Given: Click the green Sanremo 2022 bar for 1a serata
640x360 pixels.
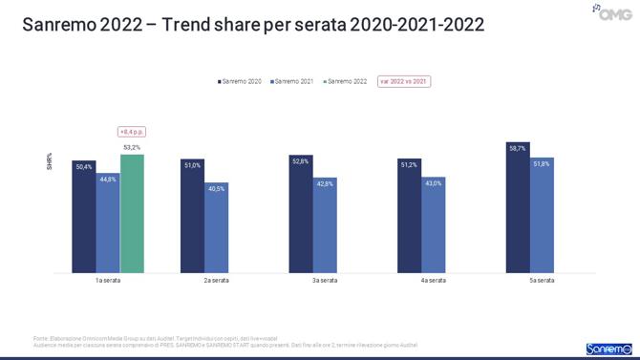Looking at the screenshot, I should coord(132,214).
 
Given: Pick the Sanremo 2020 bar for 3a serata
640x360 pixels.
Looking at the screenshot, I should coord(301,214).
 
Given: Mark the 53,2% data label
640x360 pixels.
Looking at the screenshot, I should coord(132,147).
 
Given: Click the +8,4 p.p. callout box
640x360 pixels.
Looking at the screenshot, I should coord(132,132).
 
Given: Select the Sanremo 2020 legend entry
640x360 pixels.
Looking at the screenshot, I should coord(239,82).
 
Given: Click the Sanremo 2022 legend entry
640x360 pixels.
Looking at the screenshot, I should coord(345,82).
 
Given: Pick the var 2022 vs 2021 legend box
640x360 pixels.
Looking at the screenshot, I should coord(404,82).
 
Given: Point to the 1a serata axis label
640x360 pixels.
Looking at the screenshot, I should coord(107,280).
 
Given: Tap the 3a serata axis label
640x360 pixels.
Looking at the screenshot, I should coord(324,280).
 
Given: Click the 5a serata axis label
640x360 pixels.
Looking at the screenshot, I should coord(541,280).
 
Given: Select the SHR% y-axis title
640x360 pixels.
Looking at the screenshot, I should coord(50,162).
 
